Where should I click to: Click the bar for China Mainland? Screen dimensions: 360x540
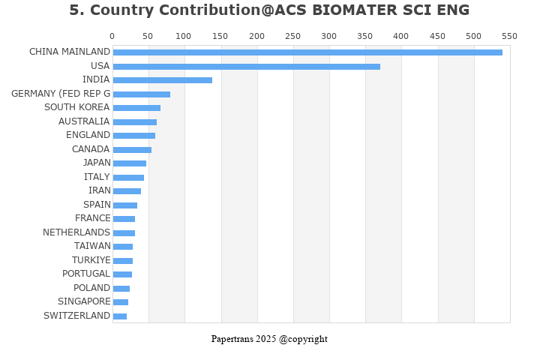[307, 52]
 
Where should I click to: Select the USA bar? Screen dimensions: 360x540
[246, 66]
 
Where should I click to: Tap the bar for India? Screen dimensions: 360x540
[162, 79]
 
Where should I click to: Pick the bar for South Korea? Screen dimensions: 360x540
[136, 107]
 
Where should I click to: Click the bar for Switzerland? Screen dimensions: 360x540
[120, 316]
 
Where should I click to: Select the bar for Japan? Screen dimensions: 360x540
[130, 163]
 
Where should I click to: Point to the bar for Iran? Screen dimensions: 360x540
[127, 190]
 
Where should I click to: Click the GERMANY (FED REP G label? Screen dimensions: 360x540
[61, 94]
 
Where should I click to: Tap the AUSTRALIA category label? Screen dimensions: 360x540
[84, 121]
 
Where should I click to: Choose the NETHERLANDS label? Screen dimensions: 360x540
[76, 232]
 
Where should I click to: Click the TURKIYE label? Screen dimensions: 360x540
[91, 260]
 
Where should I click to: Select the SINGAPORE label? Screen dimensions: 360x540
[84, 301]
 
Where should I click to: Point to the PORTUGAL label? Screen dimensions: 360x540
[86, 274]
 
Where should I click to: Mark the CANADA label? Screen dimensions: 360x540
[91, 149]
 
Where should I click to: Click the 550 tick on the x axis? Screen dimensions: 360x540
[509, 36]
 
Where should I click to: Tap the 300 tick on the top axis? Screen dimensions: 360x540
[328, 36]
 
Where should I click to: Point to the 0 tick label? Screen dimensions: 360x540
[112, 36]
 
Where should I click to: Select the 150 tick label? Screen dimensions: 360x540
[220, 36]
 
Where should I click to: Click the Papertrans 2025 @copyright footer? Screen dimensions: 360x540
[269, 339]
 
